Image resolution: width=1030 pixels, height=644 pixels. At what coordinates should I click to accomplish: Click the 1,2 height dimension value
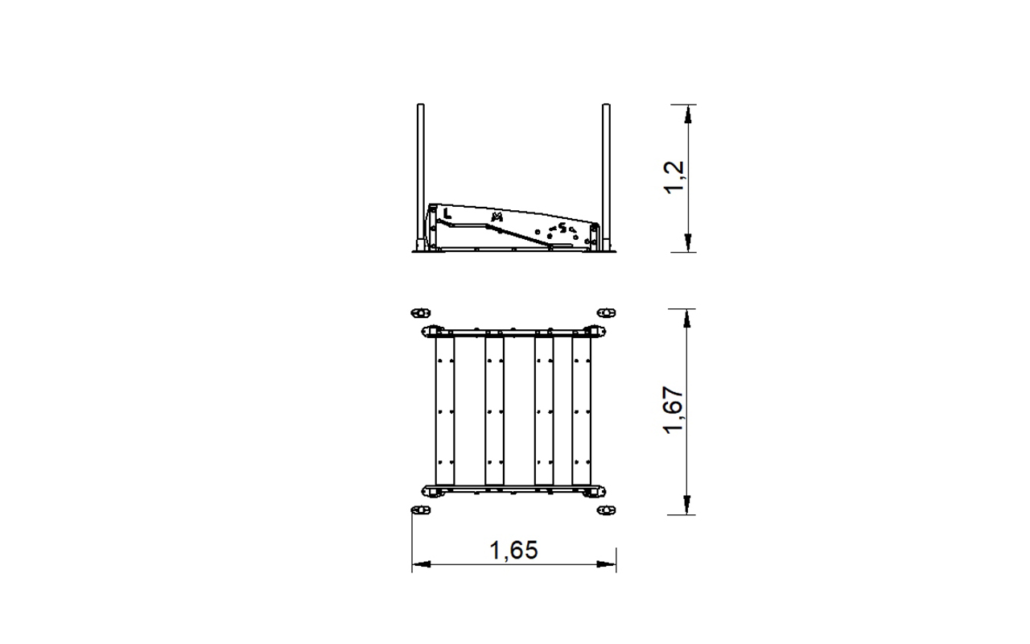[675, 178]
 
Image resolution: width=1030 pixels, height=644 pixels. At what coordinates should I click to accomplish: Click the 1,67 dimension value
[674, 410]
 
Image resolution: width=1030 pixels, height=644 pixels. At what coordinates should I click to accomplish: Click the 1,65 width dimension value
[513, 551]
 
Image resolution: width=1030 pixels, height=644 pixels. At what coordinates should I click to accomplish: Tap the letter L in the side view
[447, 213]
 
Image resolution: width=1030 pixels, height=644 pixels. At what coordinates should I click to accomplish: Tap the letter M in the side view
[496, 217]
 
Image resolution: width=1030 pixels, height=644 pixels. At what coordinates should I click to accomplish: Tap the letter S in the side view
[562, 228]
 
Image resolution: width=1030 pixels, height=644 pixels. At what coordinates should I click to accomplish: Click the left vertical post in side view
[420, 177]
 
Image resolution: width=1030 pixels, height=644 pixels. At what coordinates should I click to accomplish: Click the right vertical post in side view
[606, 177]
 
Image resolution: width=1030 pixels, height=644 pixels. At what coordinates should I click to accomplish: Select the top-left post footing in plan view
[420, 313]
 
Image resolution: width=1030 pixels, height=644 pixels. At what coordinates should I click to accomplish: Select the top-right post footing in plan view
[606, 313]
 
